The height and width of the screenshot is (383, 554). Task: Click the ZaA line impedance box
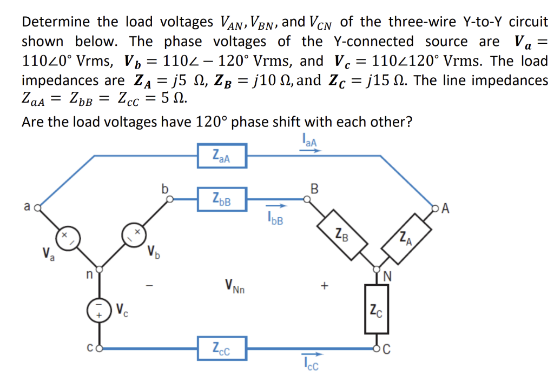click(x=222, y=156)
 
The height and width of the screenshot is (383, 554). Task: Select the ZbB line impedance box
click(x=222, y=199)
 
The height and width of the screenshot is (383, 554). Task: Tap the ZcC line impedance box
click(x=222, y=348)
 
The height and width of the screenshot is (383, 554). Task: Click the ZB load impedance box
click(x=342, y=235)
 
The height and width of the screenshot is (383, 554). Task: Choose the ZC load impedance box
click(x=377, y=309)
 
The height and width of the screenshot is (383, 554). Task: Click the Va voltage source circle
click(x=68, y=238)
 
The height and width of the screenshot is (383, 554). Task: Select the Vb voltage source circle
click(x=134, y=235)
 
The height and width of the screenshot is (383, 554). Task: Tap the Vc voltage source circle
click(x=100, y=310)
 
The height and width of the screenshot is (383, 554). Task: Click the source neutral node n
click(x=100, y=270)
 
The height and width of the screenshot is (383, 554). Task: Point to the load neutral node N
click(x=377, y=270)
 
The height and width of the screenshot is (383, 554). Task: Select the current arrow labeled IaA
click(x=311, y=151)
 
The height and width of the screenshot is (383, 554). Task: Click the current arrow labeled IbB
click(x=276, y=206)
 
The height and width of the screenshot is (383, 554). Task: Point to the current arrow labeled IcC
click(x=312, y=354)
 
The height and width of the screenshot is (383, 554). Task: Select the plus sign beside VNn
click(x=325, y=285)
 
